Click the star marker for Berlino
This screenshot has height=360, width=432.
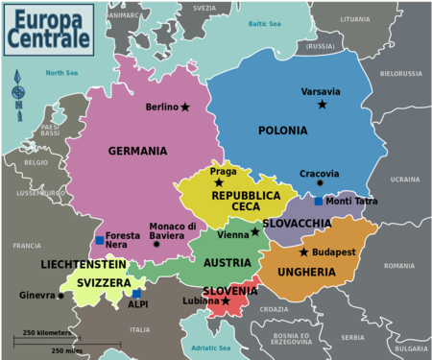(185, 107)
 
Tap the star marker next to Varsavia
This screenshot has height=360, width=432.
(322, 104)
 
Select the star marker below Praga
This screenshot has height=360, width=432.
(219, 182)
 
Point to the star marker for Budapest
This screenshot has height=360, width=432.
(303, 252)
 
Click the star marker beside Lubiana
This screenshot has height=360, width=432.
(226, 300)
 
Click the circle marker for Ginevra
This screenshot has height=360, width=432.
(60, 296)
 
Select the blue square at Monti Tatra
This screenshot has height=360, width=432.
(319, 202)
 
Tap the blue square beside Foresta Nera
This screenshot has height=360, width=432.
(99, 240)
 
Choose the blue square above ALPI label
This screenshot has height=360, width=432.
(137, 294)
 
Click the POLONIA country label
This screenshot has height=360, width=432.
(282, 131)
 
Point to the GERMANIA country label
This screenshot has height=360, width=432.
(137, 151)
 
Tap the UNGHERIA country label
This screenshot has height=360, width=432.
(306, 272)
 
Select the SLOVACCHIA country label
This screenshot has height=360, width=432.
(297, 224)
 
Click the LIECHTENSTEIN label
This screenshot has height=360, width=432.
(84, 263)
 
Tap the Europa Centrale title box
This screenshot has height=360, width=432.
(48, 28)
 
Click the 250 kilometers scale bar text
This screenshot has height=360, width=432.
(43, 332)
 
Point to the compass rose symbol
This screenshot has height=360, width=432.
(17, 92)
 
